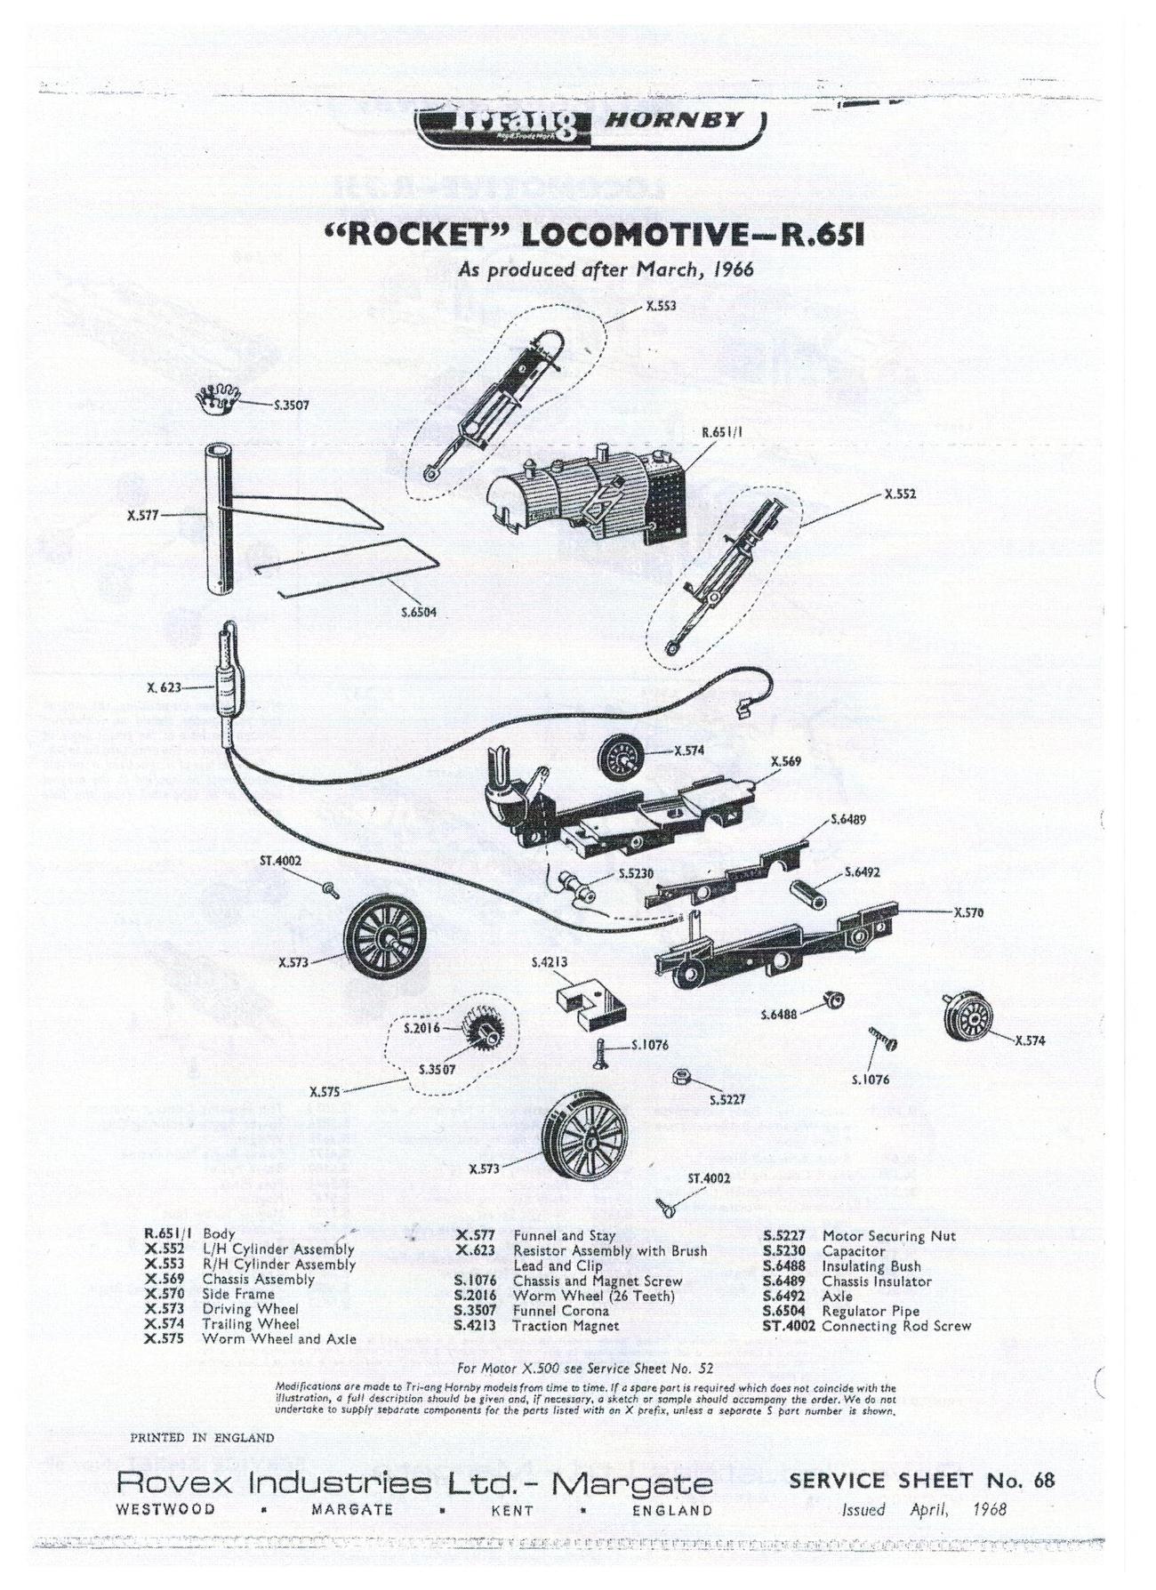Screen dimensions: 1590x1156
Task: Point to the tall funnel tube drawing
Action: point(218,519)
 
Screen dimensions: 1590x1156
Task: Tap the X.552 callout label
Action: point(901,494)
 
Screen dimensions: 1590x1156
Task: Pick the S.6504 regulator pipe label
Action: point(418,613)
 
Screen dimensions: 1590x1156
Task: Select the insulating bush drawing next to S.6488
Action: point(833,1000)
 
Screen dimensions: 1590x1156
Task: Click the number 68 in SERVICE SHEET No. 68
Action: point(1044,1481)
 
